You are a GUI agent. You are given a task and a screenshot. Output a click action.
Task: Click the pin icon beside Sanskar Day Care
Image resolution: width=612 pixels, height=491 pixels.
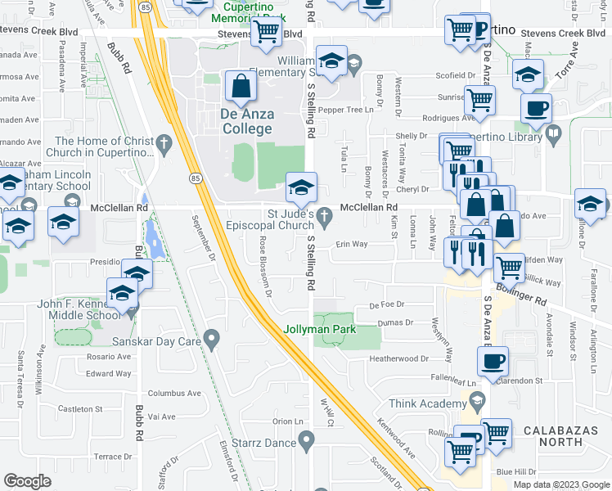click(212, 337)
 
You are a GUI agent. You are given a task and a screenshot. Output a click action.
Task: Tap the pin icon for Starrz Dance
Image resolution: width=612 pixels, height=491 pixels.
click(307, 443)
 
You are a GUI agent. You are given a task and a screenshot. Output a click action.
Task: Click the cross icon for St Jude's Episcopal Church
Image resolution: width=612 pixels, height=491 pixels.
click(326, 217)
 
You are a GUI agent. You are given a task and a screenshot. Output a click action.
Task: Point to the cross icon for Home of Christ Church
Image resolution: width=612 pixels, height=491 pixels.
click(164, 145)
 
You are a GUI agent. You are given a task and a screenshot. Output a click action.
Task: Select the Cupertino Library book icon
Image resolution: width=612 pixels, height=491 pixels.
click(554, 132)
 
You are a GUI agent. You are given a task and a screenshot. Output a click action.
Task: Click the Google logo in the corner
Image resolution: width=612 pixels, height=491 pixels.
click(28, 481)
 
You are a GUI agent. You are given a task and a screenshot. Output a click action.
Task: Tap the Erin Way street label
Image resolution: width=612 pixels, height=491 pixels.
click(350, 244)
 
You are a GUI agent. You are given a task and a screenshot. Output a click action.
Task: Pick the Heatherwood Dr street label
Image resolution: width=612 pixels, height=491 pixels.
click(399, 358)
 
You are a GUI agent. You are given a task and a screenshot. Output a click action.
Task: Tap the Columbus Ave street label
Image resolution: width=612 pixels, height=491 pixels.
click(173, 393)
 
